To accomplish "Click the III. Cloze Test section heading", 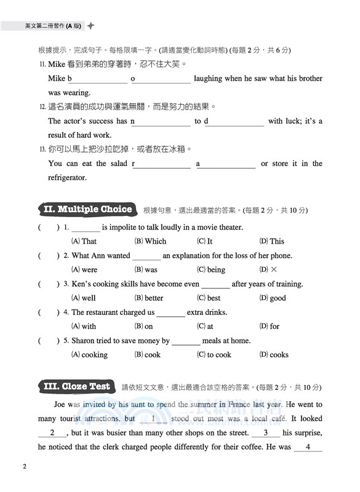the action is (77, 387).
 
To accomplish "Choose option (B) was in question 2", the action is (146, 270).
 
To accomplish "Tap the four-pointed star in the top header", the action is (91, 26).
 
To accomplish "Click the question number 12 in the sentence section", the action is (42, 107).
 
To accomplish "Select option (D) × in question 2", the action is (269, 270).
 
